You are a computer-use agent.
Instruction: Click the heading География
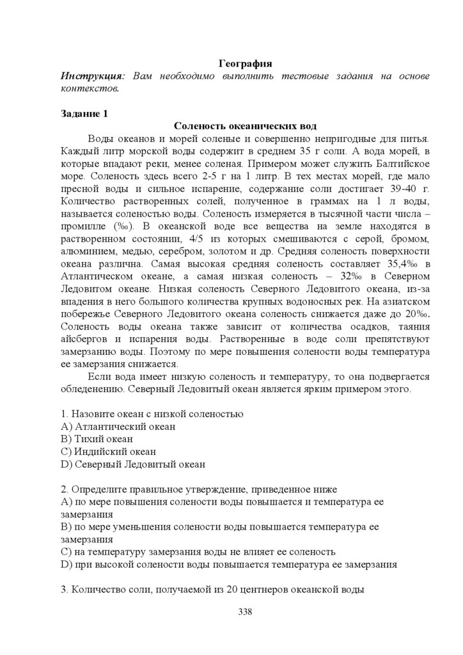click(x=246, y=63)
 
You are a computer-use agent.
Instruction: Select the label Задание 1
click(x=84, y=114)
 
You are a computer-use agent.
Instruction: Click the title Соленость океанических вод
click(x=246, y=127)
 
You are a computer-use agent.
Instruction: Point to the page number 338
click(x=246, y=612)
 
